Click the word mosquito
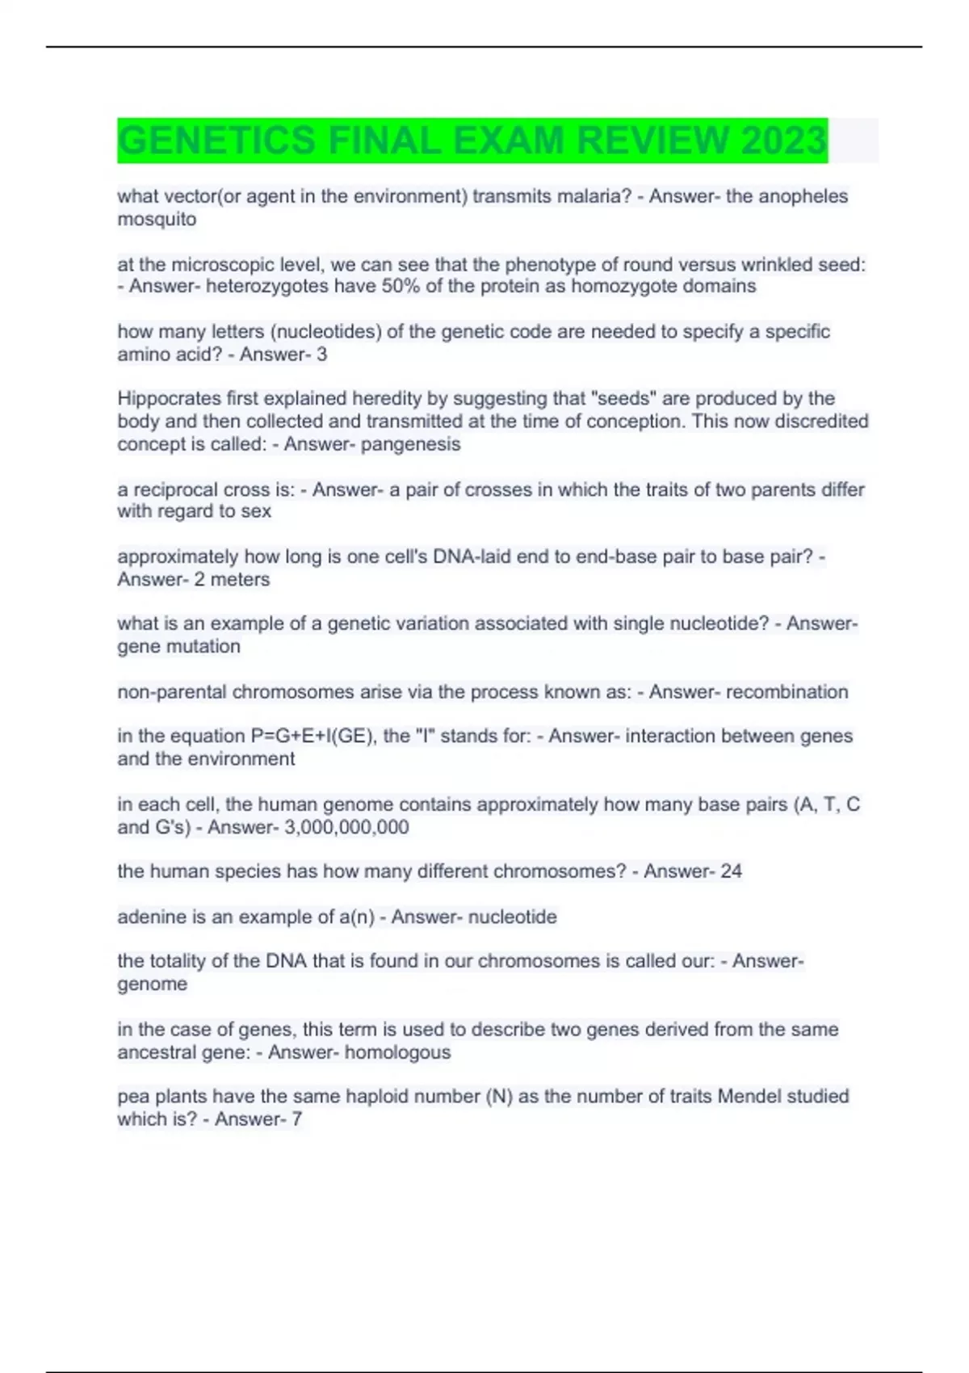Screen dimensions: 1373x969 click(157, 219)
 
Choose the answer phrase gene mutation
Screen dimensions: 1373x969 click(178, 646)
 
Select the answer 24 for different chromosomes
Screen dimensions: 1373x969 click(731, 871)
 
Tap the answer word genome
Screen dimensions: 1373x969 click(152, 984)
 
